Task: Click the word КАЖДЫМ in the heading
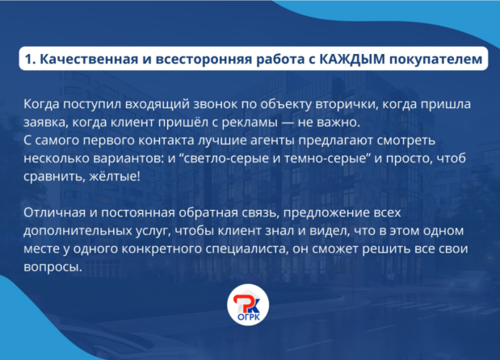(352, 59)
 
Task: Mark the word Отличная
(55, 212)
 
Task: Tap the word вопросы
(53, 267)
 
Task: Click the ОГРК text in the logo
(249, 317)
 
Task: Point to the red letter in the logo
(242, 303)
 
